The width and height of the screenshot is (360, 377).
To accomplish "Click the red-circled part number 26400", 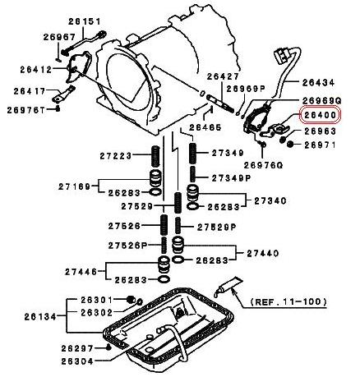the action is point(321,115).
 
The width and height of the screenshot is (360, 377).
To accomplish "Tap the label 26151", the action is point(85,21).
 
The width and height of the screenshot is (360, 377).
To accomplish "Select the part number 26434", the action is point(318,82).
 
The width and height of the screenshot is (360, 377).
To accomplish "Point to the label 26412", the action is point(36,70).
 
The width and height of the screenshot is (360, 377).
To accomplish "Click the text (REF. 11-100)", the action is point(288,301).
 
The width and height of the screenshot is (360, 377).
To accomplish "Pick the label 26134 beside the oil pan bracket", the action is point(40,317).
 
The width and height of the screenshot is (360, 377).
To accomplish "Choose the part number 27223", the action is point(116,156).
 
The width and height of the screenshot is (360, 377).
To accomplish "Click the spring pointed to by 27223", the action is point(155,156).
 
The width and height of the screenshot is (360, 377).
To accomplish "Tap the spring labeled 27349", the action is point(193,153).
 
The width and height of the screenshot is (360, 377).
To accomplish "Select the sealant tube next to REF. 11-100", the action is point(228,286).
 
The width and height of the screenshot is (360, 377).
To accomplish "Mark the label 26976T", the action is point(25,110).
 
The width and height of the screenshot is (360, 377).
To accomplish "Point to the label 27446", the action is point(81,272).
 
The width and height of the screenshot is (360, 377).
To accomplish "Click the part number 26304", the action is point(77,361).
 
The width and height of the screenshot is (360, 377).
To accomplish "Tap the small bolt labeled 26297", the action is point(108,347).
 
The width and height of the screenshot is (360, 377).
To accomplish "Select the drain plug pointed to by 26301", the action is point(131,299).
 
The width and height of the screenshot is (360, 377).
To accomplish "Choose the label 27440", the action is point(263,253).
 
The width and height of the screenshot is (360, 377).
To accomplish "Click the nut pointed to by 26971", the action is point(291,144).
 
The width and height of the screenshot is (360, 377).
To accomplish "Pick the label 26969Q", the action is point(321,100).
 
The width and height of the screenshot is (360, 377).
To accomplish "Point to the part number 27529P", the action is point(216,227).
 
